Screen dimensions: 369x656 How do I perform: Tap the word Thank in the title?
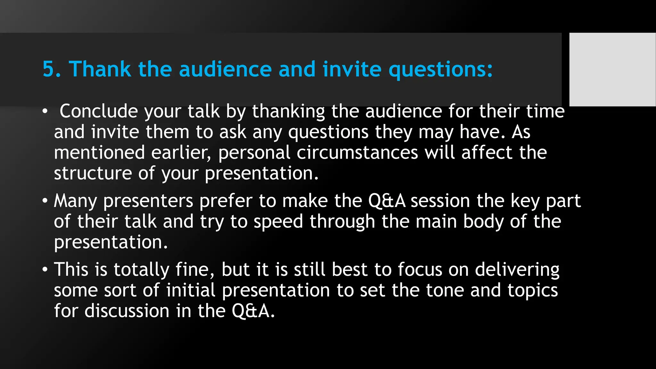pos(100,69)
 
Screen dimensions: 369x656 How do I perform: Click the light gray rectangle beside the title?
pos(612,69)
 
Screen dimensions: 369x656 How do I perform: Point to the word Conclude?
pos(99,111)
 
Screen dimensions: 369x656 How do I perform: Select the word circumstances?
pos(357,153)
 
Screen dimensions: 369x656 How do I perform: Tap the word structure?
pos(93,173)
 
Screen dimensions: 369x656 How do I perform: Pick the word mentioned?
pos(99,152)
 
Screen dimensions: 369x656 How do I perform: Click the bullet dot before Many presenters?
pos(45,201)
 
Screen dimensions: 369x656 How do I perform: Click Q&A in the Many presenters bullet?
pos(387,201)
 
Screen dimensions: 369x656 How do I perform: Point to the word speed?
pos(278,222)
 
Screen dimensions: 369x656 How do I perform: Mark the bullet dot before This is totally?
pos(45,270)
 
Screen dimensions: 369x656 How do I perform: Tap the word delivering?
pos(517,270)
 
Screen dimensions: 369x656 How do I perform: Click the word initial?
pos(191,290)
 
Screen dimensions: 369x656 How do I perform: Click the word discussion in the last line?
pos(127,311)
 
